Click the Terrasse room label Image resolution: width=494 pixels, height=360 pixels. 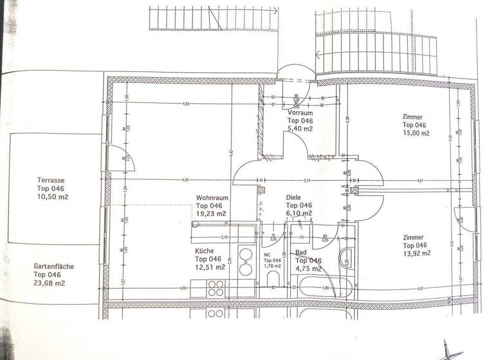coord(51,181)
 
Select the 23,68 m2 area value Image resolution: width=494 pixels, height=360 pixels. coord(50,282)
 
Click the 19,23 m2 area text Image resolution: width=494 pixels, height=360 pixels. coord(212,213)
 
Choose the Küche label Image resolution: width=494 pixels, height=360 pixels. coord(206,251)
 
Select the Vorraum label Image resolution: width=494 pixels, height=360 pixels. coord(300,113)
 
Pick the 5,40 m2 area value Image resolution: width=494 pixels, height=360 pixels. coord(300,129)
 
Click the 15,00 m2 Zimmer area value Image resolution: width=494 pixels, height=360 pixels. coord(416,133)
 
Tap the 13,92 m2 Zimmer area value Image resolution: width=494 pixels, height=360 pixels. coord(417,253)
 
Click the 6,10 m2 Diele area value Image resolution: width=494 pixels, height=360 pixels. coord(299,213)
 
